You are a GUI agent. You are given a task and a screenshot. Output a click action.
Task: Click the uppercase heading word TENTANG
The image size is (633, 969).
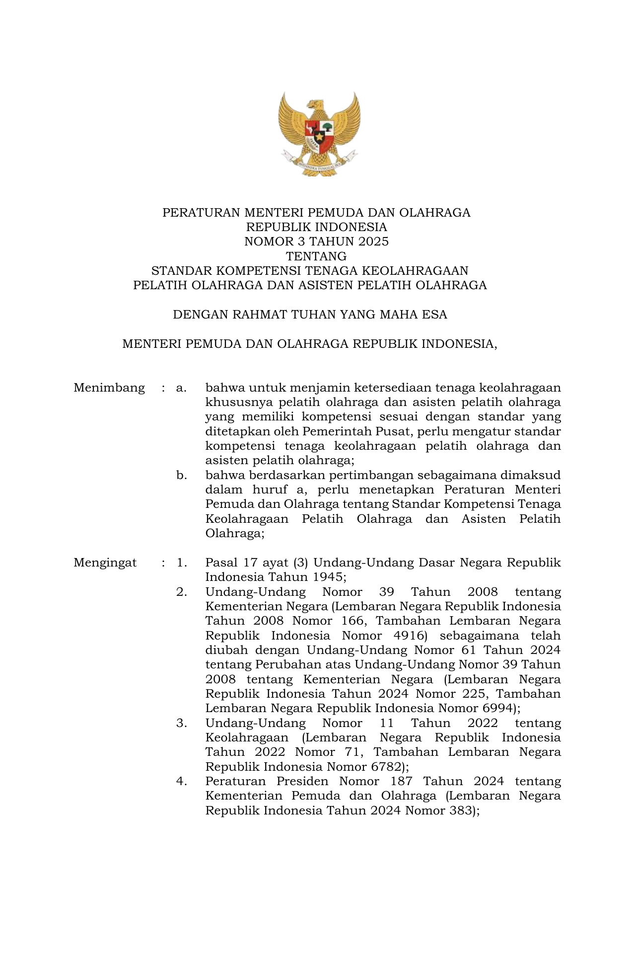[x=316, y=256]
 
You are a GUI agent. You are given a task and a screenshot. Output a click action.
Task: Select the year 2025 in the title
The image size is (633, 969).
[x=372, y=242]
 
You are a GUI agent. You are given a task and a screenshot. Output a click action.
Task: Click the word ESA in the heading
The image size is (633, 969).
[x=436, y=315]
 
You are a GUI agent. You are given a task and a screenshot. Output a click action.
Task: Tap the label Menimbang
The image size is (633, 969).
[x=109, y=388]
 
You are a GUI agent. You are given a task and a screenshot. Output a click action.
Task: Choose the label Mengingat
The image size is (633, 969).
[x=105, y=563]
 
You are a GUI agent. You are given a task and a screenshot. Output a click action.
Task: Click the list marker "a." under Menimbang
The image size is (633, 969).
[x=181, y=388]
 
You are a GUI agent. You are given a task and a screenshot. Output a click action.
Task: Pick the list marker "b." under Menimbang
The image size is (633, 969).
[x=182, y=475]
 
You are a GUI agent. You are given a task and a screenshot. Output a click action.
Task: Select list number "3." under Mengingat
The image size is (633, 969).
[x=182, y=723]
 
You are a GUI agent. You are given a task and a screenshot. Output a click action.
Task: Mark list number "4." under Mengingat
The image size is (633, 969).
[x=182, y=781]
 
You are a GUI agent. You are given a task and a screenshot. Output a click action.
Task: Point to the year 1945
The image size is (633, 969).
[x=328, y=577]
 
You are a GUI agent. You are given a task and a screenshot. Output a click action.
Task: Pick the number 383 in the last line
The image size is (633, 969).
[x=461, y=810]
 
